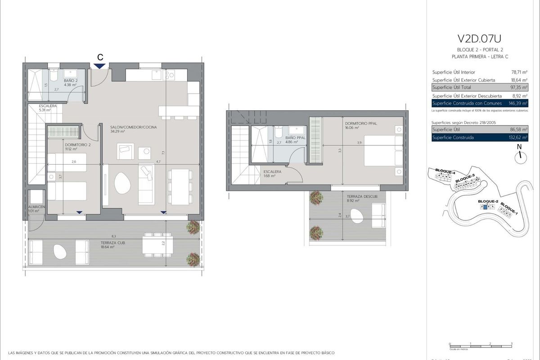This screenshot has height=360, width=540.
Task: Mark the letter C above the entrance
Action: [x=100, y=57]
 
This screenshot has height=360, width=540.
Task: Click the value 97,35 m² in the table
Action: [x=519, y=87]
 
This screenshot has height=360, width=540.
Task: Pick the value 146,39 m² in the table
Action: [x=519, y=103]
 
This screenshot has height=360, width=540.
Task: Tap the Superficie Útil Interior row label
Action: [x=453, y=72]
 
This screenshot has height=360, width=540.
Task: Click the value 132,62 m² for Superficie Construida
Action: [x=519, y=138]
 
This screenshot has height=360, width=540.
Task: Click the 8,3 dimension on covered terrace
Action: [x=113, y=236]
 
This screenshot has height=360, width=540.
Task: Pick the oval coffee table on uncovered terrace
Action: [x=357, y=216]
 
